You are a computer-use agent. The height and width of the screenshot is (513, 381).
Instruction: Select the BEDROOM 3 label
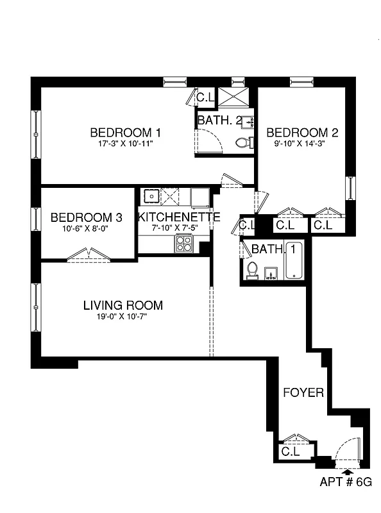tap(85, 217)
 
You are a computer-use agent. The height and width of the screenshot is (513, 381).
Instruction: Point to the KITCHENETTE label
tap(179, 217)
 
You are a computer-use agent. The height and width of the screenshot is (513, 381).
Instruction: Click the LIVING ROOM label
tap(123, 305)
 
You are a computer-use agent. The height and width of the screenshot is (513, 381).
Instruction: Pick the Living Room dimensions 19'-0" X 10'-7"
tap(123, 316)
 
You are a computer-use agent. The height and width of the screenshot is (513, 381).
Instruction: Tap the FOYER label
tap(303, 392)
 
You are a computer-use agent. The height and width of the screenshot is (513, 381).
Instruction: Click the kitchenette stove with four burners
tap(185, 244)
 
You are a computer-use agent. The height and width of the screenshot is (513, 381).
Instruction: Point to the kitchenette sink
tap(151, 195)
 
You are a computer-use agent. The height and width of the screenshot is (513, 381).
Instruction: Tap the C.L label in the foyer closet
tap(290, 451)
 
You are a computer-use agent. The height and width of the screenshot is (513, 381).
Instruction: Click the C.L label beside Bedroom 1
tap(205, 98)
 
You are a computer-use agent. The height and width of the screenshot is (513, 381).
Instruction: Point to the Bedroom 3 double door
tap(88, 256)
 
